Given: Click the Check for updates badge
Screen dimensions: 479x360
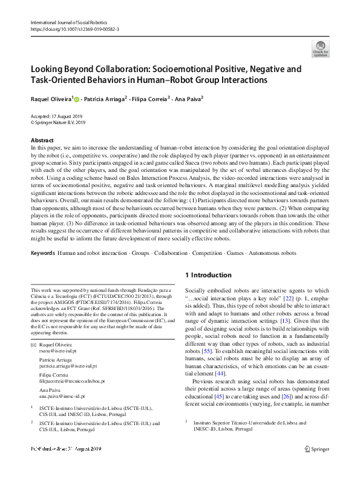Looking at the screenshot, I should tap(320, 48).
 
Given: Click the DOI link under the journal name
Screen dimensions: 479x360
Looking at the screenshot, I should tap(76, 28).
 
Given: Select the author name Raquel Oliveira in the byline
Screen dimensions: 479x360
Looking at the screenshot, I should tap(51, 97).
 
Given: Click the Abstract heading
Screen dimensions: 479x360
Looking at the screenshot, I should tap(42, 140).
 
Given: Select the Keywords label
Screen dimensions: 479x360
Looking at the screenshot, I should tap(42, 251).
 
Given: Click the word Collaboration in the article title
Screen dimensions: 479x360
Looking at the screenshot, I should tap(120, 69).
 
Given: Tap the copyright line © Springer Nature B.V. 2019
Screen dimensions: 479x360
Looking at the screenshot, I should tap(60, 121).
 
